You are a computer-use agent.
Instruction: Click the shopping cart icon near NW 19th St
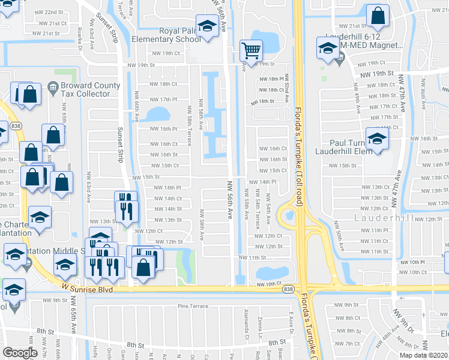click(251, 50)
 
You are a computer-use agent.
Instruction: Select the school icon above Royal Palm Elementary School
click(208, 27)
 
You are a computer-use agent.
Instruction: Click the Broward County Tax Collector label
click(84, 90)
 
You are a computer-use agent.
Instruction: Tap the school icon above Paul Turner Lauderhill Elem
click(377, 139)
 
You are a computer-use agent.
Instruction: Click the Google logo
click(20, 352)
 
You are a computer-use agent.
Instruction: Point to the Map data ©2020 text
click(423, 355)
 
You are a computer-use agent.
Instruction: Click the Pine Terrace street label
click(193, 306)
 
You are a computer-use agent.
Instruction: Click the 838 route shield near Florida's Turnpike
click(290, 289)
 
